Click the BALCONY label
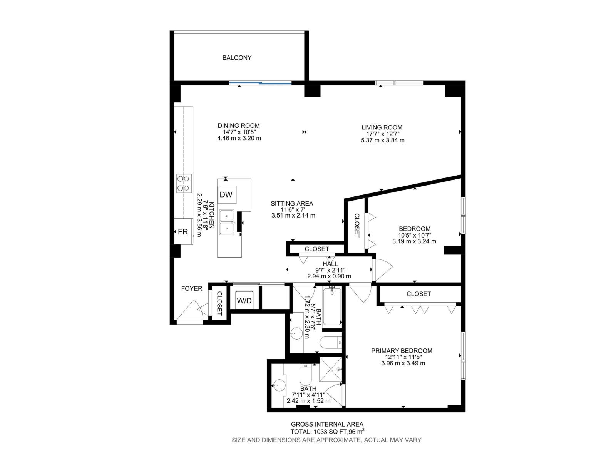237,58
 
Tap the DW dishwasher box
226,195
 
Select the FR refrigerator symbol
183,232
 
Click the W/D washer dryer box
244,300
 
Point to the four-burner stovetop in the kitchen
184,183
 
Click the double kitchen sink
227,223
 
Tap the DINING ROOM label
239,126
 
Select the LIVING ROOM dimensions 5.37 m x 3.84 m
382,140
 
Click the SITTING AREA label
292,203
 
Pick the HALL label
330,264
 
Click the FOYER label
192,288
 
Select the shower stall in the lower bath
331,369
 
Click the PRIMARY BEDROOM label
402,351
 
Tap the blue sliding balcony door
260,83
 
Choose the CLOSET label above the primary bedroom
418,294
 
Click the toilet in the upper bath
330,342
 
